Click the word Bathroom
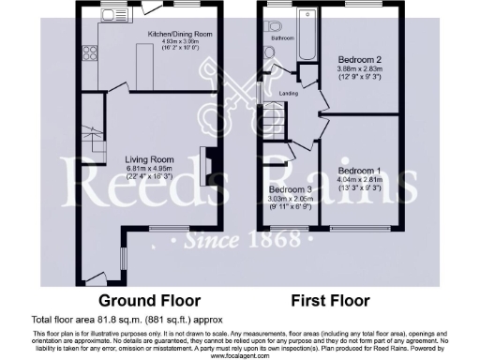(x=284, y=39)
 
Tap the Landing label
(x=291, y=95)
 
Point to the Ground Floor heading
(x=150, y=301)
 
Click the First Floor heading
(x=330, y=301)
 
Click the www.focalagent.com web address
(x=239, y=355)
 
